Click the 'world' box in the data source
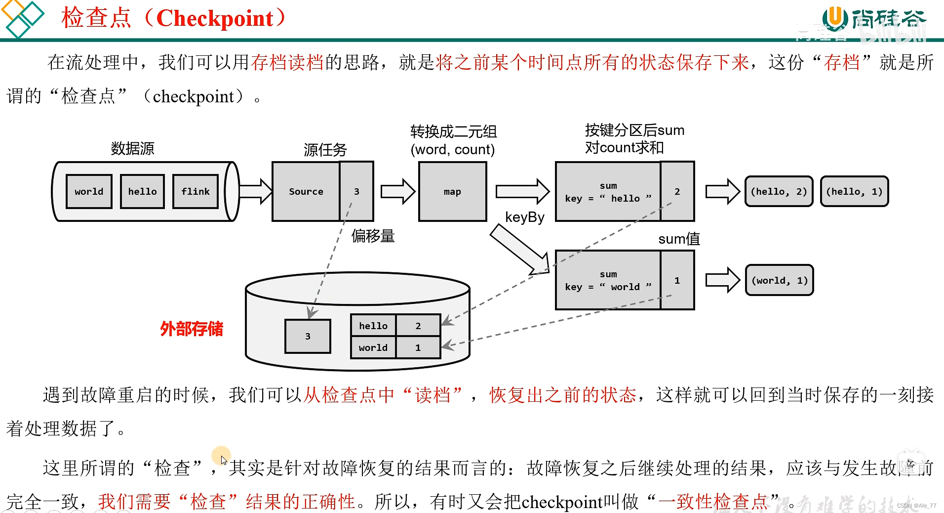pos(89,191)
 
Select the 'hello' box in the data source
pos(142,191)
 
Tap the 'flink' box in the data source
pos(196,191)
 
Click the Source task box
pos(306,191)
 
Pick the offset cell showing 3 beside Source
pos(356,191)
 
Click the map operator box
pos(452,191)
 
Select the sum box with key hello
pos(608,191)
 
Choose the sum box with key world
pos(608,280)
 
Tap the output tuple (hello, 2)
pos(779,191)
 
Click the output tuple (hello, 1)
pos(854,191)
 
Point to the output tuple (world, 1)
pos(779,280)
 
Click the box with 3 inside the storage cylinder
pos(308,336)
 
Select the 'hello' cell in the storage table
pos(373,326)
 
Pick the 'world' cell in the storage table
pos(373,347)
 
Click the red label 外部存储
pos(192,329)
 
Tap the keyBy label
pos(524,217)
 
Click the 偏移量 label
pos(373,236)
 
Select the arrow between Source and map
pos(397,191)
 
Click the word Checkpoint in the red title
pos(214,18)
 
